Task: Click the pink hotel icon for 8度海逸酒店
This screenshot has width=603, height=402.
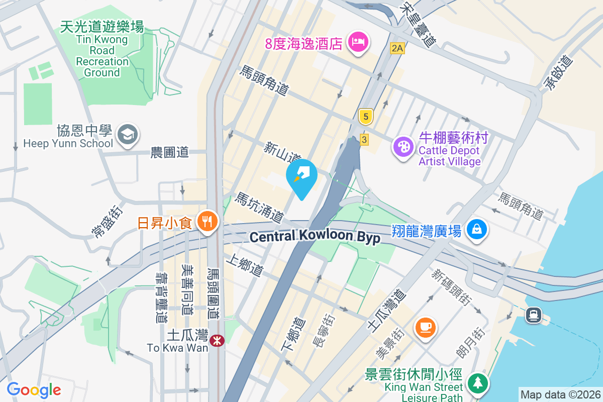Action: pyautogui.click(x=358, y=42)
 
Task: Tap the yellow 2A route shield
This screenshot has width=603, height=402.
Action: pyautogui.click(x=397, y=48)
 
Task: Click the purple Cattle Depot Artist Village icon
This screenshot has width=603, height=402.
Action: pyautogui.click(x=403, y=147)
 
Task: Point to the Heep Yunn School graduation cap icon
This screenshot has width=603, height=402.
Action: pyautogui.click(x=128, y=134)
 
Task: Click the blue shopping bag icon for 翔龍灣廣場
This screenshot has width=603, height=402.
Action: pyautogui.click(x=475, y=229)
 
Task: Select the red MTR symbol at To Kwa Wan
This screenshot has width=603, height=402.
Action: pyautogui.click(x=218, y=341)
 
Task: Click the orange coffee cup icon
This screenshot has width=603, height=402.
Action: pyautogui.click(x=425, y=326)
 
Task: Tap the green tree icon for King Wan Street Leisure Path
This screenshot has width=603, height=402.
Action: pyautogui.click(x=477, y=383)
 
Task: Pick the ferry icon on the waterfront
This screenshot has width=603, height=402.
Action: pyautogui.click(x=533, y=315)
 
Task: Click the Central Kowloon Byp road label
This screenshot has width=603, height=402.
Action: pyautogui.click(x=315, y=237)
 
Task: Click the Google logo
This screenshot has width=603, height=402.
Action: pyautogui.click(x=34, y=389)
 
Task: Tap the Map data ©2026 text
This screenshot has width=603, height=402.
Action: pyautogui.click(x=560, y=394)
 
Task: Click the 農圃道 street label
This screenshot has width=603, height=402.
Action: pyautogui.click(x=170, y=152)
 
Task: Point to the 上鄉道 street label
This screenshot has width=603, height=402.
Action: pyautogui.click(x=245, y=265)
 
